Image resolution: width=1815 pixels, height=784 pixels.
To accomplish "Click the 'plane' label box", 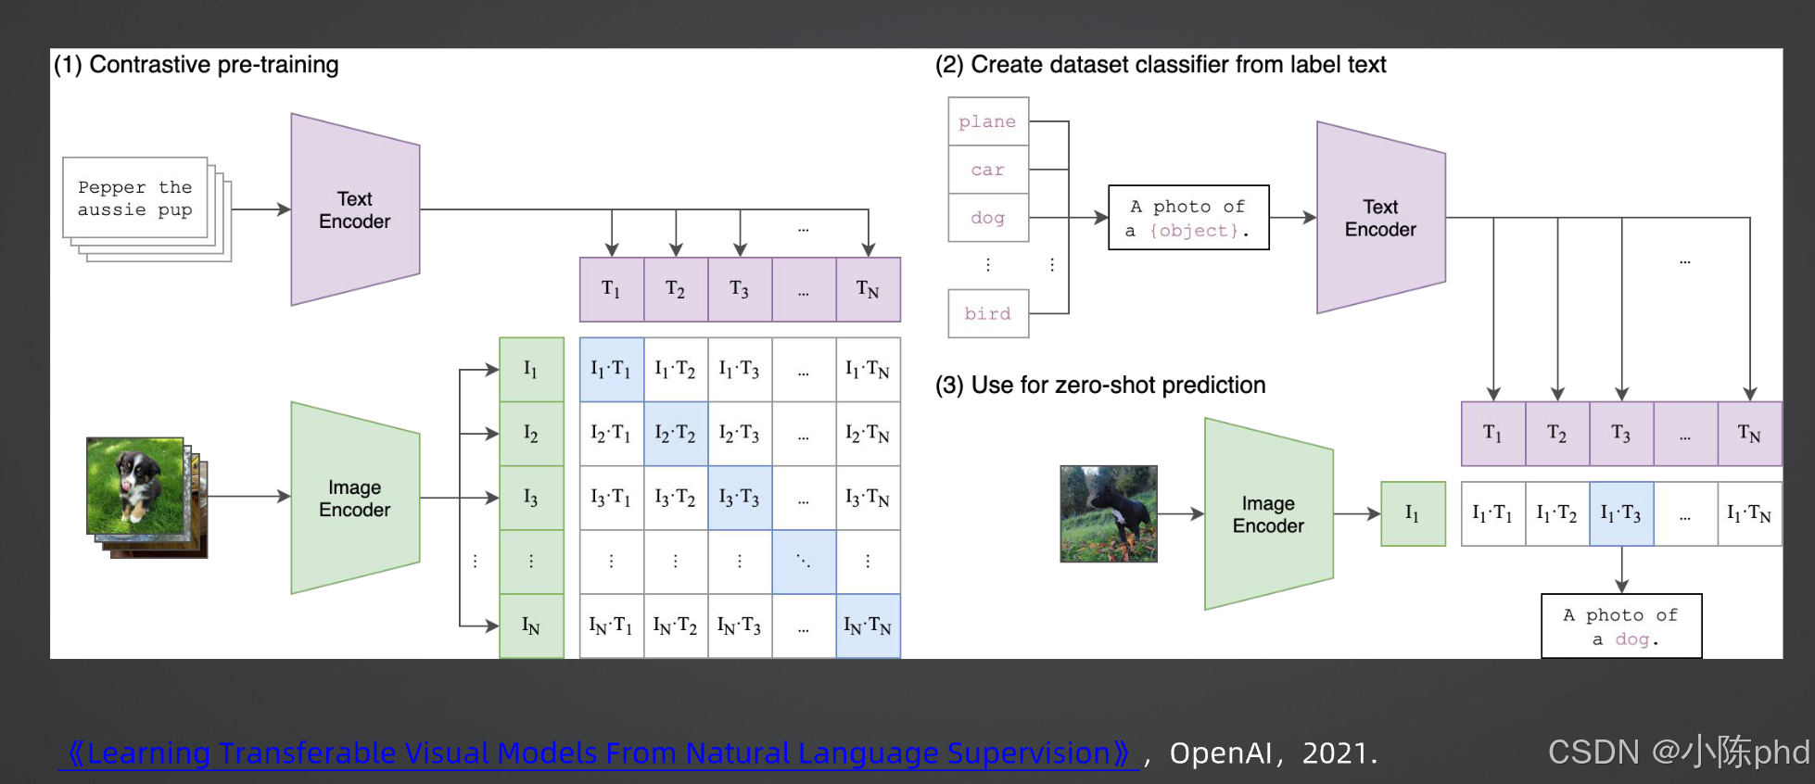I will pos(988,121).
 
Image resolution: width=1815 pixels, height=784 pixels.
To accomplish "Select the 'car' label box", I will pos(988,170).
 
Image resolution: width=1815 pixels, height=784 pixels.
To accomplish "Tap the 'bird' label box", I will pos(988,313).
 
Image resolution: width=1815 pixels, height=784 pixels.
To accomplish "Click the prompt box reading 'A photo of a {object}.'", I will pos(1188,218).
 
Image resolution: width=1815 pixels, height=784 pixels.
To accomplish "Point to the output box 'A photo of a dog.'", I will pos(1621,626).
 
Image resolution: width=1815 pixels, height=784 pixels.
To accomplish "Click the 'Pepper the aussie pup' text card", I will pos(135,198).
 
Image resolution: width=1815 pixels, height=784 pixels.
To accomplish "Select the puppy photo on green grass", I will pos(135,486).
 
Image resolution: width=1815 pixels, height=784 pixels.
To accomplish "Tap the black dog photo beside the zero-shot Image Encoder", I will pos(1109,513).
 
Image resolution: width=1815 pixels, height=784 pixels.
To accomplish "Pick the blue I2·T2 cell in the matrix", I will pos(676,433).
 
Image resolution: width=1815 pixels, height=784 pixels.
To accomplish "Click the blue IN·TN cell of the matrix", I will pos(868,626).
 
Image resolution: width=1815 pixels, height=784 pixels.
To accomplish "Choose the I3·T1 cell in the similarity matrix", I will pos(611,498).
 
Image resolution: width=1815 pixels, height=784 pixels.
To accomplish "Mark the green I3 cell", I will pos(531,498).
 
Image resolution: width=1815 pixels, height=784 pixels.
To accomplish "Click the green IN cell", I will pos(531,626).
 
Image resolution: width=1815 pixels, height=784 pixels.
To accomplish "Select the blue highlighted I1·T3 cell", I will pos(1621,513).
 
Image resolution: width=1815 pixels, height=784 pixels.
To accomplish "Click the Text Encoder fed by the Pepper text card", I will pos(355,210).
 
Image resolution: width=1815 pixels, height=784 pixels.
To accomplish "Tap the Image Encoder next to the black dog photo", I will pos(1268,514).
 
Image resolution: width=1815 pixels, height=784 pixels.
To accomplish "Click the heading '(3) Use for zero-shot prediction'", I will pos(1100,385).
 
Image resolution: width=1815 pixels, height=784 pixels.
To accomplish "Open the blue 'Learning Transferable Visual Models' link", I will pos(599,752).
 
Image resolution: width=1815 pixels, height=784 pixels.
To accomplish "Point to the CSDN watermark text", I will pos(1678,752).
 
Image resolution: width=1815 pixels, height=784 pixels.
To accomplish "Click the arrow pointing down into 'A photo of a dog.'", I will pos(1621,570).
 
